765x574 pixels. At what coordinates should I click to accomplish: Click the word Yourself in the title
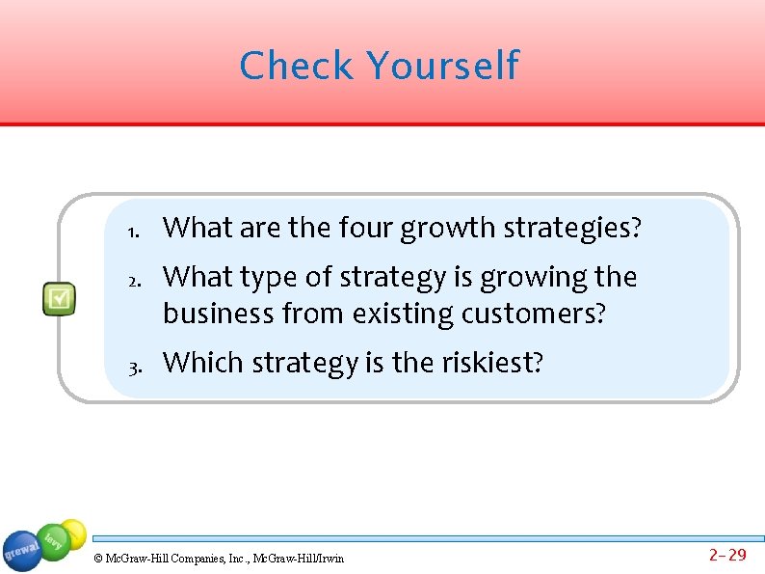click(442, 67)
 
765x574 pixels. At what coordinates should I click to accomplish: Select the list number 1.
click(133, 231)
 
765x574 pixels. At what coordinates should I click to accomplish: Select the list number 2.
click(133, 280)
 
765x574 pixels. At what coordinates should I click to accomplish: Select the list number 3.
click(133, 366)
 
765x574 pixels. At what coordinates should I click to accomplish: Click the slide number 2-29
click(727, 555)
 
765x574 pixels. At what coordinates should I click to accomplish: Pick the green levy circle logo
click(56, 540)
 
